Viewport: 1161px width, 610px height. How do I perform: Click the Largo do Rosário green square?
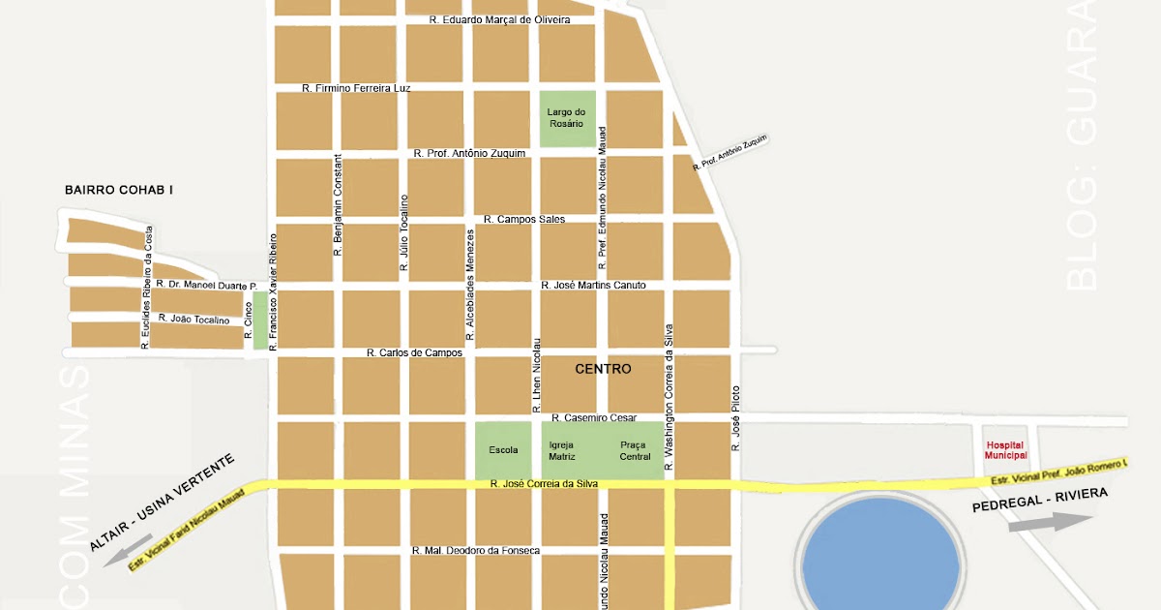click(x=566, y=118)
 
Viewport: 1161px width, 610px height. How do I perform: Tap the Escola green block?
click(x=503, y=450)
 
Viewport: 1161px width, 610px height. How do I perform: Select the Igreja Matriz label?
click(x=562, y=450)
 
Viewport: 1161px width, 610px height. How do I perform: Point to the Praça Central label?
click(x=635, y=450)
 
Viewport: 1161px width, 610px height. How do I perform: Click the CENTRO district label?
click(x=603, y=369)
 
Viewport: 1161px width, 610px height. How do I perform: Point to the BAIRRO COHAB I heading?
click(x=118, y=190)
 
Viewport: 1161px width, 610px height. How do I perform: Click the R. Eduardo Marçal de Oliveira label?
click(x=499, y=19)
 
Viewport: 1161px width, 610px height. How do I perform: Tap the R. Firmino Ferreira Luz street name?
click(x=356, y=88)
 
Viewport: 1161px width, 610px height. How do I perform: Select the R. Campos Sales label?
click(x=523, y=220)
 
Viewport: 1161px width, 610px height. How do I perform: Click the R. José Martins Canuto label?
click(x=593, y=286)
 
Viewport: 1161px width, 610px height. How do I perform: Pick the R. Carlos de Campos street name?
click(x=415, y=353)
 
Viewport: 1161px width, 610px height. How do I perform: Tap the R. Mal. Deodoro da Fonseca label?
click(x=475, y=551)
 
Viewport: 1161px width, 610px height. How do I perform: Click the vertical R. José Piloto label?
click(x=735, y=421)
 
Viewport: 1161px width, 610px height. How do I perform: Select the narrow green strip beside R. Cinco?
click(x=259, y=320)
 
